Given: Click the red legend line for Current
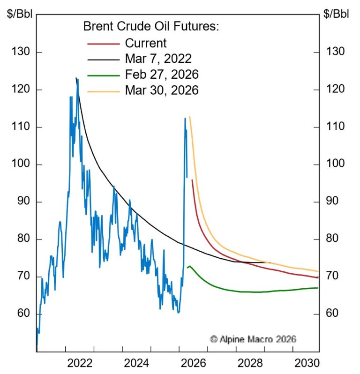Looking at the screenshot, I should coord(103,44).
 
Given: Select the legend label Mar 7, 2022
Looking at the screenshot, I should coord(158,59).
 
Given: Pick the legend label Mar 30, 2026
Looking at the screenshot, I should coord(162,90).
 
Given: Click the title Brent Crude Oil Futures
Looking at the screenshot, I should coord(151,27).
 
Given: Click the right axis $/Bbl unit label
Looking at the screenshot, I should coord(336,14).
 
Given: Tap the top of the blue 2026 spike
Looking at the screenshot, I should coord(185,118).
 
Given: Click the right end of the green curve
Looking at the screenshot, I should coord(318,288).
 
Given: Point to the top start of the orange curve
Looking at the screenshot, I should coord(189,117).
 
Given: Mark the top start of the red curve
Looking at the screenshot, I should coord(192,180).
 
